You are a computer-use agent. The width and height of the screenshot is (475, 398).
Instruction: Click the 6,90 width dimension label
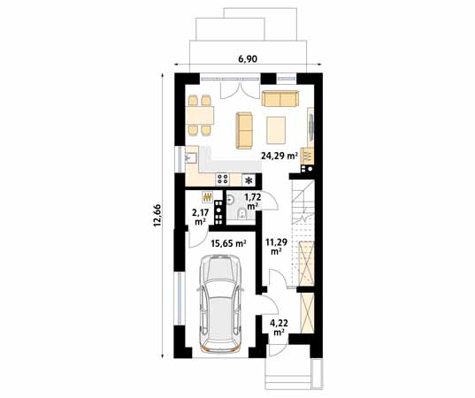pos(248,58)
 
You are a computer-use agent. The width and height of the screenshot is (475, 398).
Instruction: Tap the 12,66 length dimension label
pos(157,215)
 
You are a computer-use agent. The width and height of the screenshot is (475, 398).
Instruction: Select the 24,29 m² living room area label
pos(280,156)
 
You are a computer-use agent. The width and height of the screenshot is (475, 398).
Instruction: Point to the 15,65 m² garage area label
pos(228,243)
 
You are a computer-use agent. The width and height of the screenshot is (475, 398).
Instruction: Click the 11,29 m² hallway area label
pos(277,246)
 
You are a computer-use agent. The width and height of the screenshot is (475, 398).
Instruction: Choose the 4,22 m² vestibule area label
pos(279,328)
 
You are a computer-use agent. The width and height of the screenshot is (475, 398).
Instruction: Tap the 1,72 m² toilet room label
pos(253,202)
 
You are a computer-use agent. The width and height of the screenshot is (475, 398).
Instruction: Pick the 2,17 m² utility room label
pos(199,217)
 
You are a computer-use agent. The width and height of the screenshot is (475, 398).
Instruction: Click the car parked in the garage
pos(220,303)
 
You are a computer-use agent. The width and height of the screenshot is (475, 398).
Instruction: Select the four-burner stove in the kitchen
pos(223,179)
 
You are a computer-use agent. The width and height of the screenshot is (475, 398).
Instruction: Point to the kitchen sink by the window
pos(191,158)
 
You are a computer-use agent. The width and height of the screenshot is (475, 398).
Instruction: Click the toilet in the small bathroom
pos(242,213)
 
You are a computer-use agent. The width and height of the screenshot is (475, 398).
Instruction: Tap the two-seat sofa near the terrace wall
pos(280,99)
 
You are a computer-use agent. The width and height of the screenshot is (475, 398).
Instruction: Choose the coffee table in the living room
pos(276,130)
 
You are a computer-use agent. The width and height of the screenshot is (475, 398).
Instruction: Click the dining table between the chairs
pos(200,115)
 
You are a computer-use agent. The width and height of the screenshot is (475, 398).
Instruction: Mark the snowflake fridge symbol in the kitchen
pos(249,180)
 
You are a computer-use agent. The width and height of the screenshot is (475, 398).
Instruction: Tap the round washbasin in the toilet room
pos(230,200)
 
